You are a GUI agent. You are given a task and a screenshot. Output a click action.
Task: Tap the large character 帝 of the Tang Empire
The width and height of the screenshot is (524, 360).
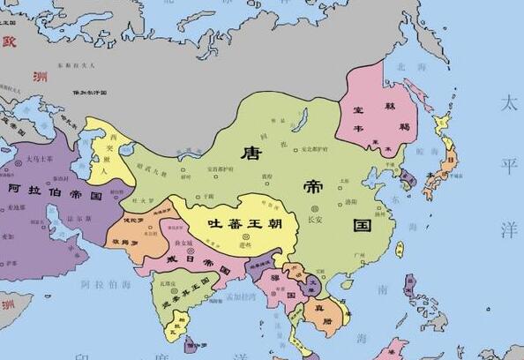tap(313, 189)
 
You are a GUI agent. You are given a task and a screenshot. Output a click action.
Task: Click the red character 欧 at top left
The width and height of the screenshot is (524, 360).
tap(10, 40)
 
